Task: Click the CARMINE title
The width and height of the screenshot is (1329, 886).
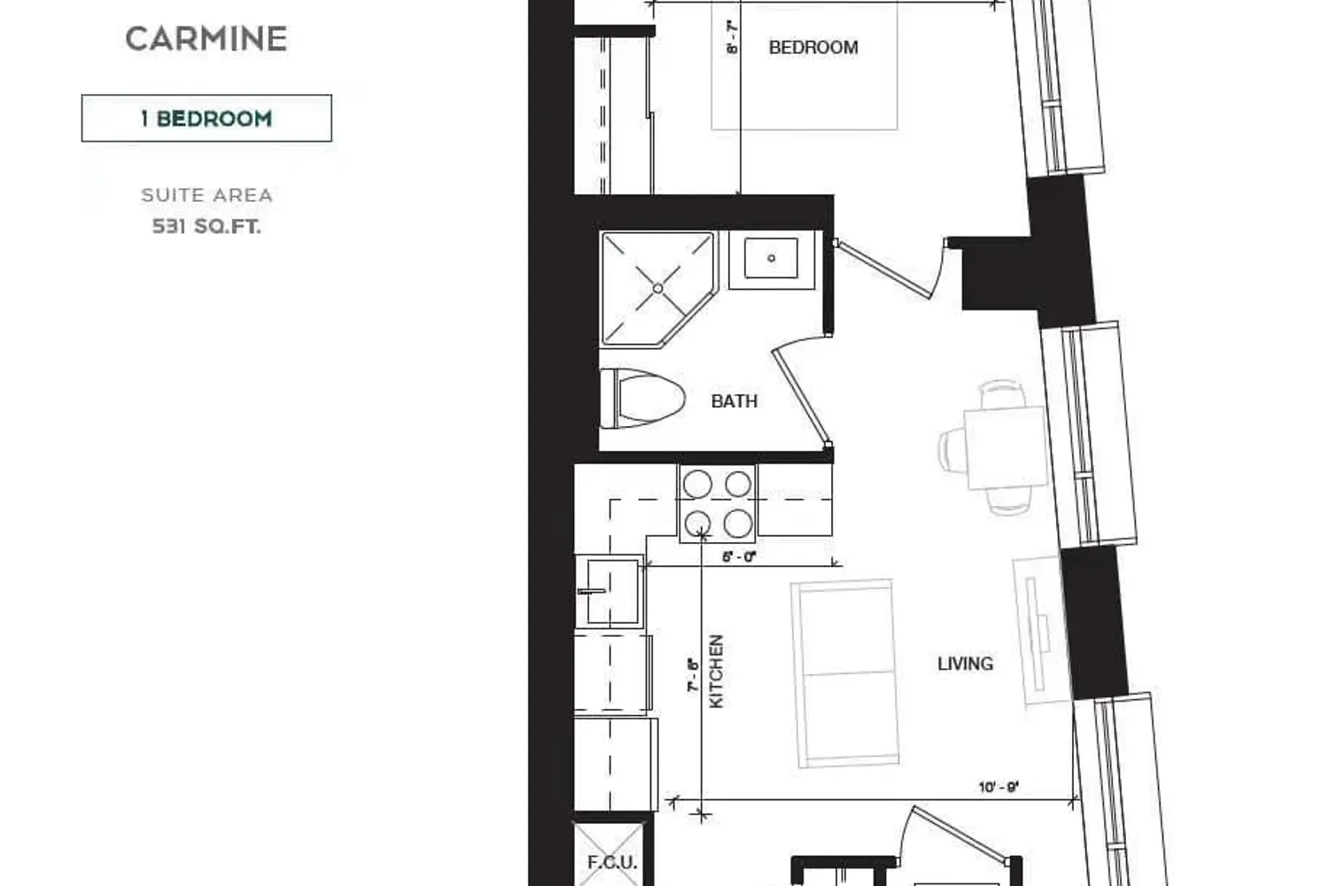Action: coord(206,39)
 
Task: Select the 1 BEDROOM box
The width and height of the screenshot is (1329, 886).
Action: coord(206,118)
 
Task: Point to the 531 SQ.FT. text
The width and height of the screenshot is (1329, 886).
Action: coord(206,226)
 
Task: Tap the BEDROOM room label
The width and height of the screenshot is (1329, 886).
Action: coord(813,48)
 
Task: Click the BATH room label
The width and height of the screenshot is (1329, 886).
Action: coord(734,401)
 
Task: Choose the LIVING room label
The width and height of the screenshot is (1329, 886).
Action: coord(966,664)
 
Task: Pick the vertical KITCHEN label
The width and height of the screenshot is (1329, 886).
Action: coord(717,672)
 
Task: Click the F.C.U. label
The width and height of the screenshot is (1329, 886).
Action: coord(611,862)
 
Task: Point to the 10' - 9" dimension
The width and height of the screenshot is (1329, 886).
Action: coord(999,788)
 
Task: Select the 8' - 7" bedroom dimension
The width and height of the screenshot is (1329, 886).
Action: coord(732,37)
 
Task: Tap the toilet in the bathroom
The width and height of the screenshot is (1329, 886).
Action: coord(642,399)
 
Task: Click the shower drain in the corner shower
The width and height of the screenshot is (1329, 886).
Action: coord(658,289)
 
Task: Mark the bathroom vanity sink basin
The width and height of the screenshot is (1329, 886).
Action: coord(772,258)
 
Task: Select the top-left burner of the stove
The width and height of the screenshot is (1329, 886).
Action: coord(697,484)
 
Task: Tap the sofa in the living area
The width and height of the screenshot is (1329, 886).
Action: coord(845,673)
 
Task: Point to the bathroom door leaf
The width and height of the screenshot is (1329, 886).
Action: coord(800,398)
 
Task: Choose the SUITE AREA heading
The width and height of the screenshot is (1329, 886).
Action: coord(206,195)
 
